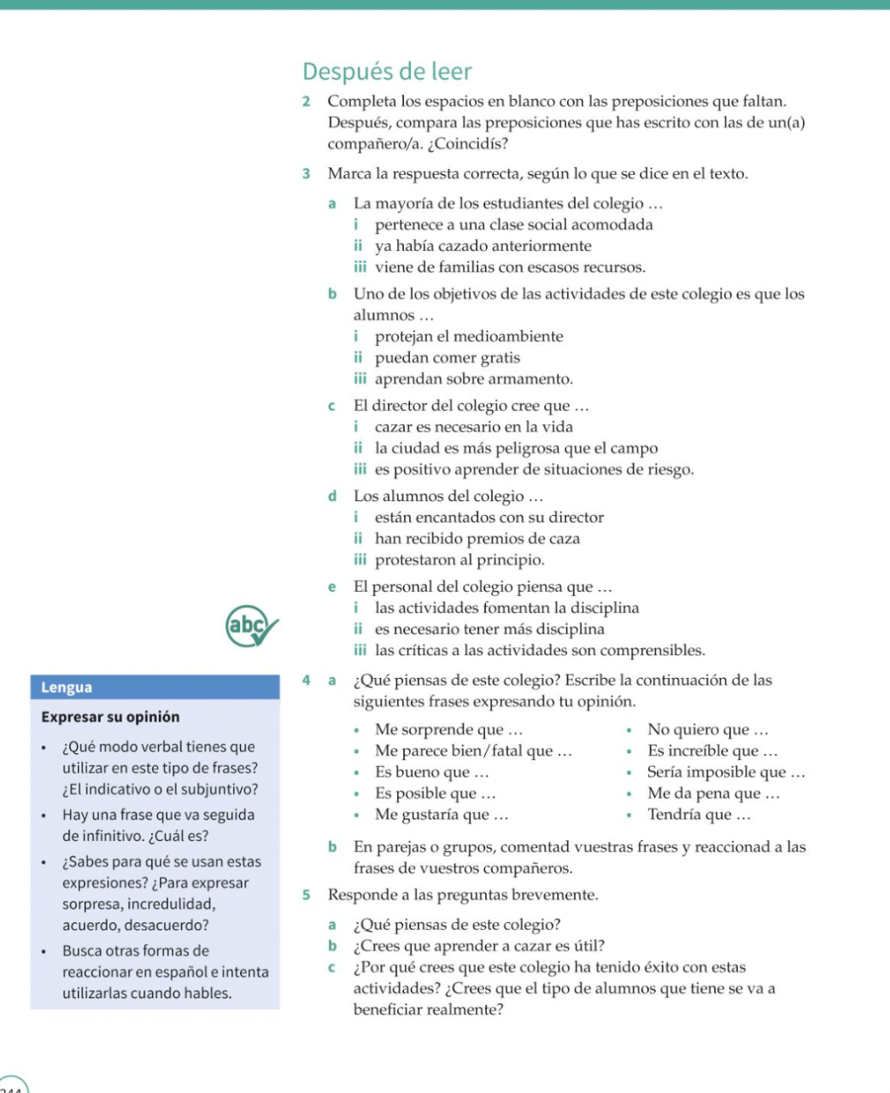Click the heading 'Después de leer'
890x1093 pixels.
coord(387,72)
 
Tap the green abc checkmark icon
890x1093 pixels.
coord(251,628)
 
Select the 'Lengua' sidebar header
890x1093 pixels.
coord(67,687)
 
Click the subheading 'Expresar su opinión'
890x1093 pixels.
coord(110,717)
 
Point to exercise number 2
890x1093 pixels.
coord(306,102)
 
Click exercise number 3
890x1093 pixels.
coord(306,174)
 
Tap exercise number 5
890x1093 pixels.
coord(306,896)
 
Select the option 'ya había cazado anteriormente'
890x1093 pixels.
coord(483,247)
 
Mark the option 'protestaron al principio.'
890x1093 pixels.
coord(460,560)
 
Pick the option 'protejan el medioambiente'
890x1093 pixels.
coord(469,337)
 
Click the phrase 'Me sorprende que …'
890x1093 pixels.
coord(448,730)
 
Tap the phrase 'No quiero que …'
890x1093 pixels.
coord(707,730)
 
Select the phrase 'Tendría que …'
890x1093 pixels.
coord(699,815)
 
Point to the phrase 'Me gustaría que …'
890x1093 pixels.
coord(442,815)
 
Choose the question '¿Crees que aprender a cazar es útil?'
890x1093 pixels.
coord(479,946)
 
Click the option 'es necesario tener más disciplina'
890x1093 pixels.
coord(489,629)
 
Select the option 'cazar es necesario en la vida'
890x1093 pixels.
coord(473,427)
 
